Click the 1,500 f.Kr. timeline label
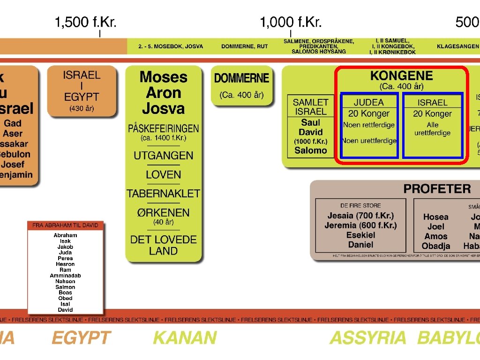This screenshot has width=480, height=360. (x=85, y=22)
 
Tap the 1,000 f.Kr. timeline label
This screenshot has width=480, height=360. (x=291, y=22)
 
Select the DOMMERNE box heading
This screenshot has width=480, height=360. (x=241, y=78)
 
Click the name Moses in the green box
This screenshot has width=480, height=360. (x=163, y=77)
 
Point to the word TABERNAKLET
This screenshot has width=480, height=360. (x=163, y=193)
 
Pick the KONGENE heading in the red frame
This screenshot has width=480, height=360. (x=401, y=76)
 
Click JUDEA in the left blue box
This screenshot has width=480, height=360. (x=368, y=102)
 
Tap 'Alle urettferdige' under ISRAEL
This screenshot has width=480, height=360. (x=432, y=129)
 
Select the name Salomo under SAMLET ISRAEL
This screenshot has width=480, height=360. (x=310, y=150)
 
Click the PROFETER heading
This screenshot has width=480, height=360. (x=437, y=189)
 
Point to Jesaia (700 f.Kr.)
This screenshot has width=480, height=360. (x=360, y=216)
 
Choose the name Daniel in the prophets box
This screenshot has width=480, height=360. (x=360, y=245)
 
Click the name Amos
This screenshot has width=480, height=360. (x=435, y=236)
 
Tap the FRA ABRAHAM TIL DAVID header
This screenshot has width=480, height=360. (x=65, y=225)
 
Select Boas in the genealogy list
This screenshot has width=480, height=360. (x=65, y=292)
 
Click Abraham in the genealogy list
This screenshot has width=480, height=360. (x=65, y=235)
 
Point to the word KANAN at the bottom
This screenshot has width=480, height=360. (x=185, y=337)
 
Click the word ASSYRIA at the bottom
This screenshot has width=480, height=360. (x=368, y=337)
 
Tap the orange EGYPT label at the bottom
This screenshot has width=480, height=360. (x=81, y=337)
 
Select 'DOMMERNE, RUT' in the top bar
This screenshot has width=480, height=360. (x=244, y=46)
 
